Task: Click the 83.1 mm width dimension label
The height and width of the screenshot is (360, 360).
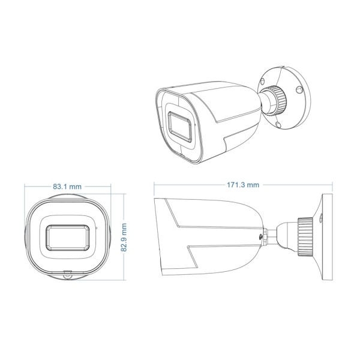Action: coord(67,187)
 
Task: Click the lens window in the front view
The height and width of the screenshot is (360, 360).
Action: coord(67,237)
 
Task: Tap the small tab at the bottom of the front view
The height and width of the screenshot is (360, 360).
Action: coord(67,277)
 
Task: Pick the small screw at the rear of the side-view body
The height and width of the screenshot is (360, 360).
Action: coord(263,236)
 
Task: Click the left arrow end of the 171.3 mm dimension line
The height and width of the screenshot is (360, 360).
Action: coord(155,185)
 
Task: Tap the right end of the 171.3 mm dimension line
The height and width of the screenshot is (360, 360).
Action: coord(332,185)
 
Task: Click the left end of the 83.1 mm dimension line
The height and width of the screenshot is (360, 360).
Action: coord(24,187)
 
